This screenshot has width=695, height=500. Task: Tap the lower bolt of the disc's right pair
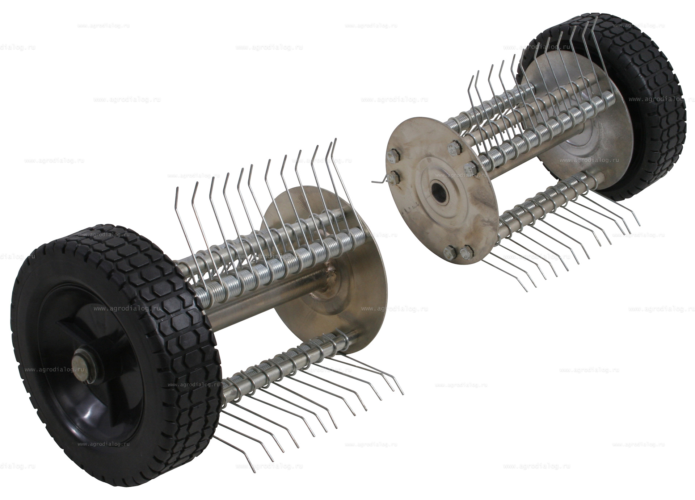point(469,168)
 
